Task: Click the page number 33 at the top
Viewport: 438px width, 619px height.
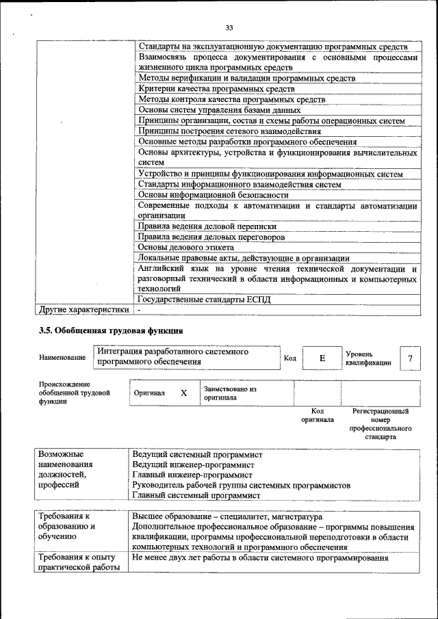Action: pos(229,27)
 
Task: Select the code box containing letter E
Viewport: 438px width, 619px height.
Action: pos(322,358)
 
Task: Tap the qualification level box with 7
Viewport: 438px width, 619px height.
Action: pos(410,358)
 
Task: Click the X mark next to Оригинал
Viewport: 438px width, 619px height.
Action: pos(183,393)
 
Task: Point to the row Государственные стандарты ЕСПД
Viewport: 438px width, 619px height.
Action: pos(209,299)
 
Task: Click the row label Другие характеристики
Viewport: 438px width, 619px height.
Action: pos(83,309)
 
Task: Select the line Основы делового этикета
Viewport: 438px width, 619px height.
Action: pos(186,247)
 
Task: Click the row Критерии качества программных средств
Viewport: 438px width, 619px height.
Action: pos(207,89)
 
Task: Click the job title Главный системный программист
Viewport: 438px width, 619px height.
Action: pos(196,495)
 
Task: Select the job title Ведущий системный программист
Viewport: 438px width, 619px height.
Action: pos(197,454)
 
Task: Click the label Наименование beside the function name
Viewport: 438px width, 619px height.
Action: pos(62,358)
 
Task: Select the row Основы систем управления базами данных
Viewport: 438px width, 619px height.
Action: pos(219,110)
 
